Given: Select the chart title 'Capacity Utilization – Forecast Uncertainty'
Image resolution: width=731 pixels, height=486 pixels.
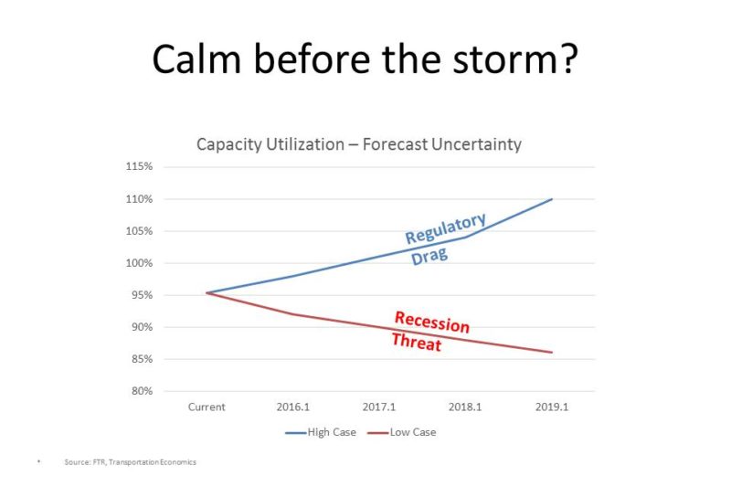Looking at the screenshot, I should pos(359,144).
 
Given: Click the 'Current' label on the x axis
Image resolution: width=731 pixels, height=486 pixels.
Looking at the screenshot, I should pos(207,407).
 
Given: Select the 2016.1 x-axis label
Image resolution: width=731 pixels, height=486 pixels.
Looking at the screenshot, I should pos(292,407).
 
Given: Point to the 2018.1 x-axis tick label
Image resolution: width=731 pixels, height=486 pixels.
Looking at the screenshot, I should pos(465,407).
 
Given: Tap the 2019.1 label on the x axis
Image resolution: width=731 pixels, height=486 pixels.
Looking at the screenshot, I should pos(551,407).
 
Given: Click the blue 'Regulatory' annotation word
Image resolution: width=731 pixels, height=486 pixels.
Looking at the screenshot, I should pos(446,229).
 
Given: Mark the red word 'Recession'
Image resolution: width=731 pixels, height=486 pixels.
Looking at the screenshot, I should pos(431,322).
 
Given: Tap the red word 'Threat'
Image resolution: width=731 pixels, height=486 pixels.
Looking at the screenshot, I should pos(417,343).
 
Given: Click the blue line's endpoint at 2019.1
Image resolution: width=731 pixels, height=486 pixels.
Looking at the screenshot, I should pos(552,199).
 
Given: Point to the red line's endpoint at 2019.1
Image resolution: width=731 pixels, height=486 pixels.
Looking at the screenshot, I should pos(552,353).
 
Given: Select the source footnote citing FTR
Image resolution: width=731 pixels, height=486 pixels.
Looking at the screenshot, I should pos(130,462).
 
